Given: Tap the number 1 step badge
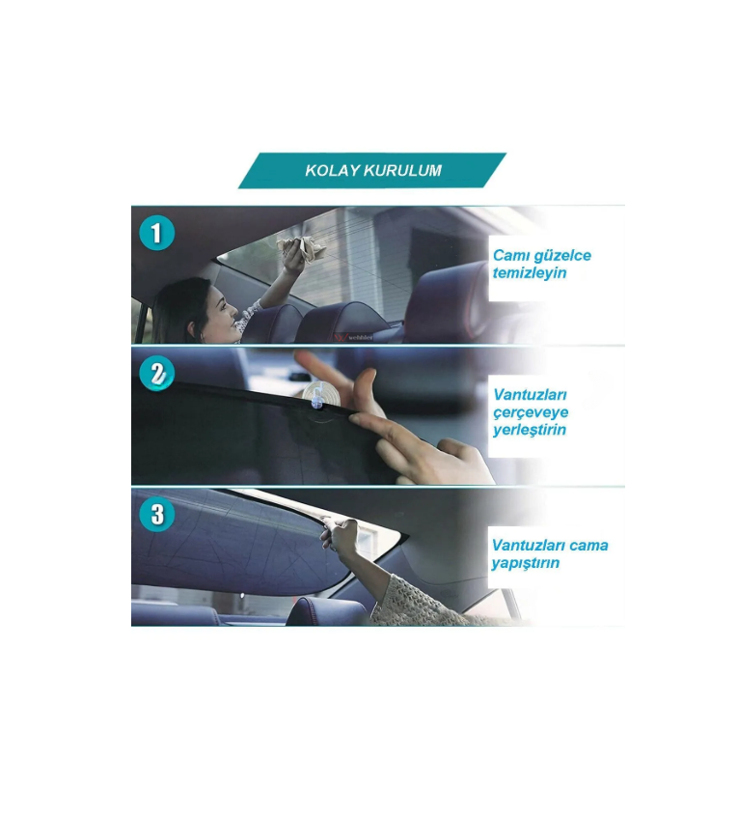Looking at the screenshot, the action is tap(156, 233).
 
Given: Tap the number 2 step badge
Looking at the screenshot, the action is tap(156, 374).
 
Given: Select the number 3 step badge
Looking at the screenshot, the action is tap(156, 514).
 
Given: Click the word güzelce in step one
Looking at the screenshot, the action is tap(560, 256).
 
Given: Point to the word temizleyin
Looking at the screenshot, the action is tap(530, 273).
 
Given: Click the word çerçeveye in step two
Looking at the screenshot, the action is tap(531, 412).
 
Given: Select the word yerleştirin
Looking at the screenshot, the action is tap(530, 430).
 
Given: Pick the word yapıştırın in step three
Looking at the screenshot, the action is tap(526, 563).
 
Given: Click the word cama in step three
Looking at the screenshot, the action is tap(588, 545).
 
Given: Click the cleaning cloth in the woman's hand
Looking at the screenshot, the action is tap(300, 248).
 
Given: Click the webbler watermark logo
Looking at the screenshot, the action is tap(354, 337).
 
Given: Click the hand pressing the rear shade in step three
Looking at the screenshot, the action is tap(342, 536).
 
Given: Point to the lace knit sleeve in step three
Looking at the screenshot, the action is tap(417, 600).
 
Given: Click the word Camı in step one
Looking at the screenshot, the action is tap(508, 255).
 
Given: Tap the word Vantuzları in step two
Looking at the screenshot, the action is tap(530, 394).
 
